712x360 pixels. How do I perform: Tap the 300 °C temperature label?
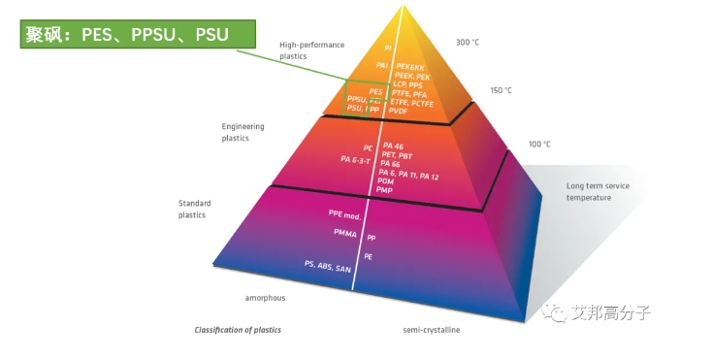click(469, 43)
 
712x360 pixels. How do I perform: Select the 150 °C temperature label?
click(501, 90)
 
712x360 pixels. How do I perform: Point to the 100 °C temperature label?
click(539, 144)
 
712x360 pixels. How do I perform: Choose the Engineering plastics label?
click(243, 132)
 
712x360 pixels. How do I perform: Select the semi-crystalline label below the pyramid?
click(432, 330)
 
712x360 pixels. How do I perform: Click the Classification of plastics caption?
click(238, 330)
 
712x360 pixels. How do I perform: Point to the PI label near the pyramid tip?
click(387, 47)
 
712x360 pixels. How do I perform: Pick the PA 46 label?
click(392, 146)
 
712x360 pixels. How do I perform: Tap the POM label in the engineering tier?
click(385, 181)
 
